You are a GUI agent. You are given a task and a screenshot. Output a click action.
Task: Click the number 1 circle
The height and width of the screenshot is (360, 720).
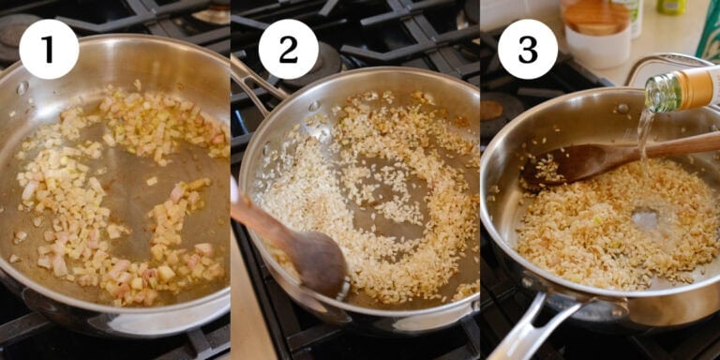[48, 49]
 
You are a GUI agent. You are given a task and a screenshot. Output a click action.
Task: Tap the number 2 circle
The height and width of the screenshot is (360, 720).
[288, 49]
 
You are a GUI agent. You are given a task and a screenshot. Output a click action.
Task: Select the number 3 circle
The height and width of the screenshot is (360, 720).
[527, 49]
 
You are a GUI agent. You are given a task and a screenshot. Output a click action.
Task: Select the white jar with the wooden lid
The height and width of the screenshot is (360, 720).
[598, 36]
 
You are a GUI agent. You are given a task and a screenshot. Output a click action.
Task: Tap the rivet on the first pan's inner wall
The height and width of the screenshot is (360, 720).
[22, 88]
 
